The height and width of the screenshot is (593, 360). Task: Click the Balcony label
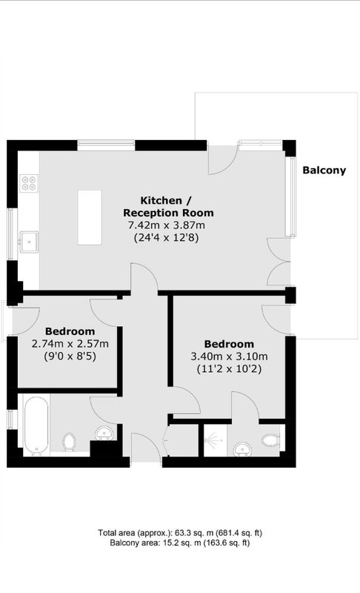point(324,170)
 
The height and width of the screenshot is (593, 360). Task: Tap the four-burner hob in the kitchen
point(29,183)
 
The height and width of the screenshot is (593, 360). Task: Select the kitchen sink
point(29,242)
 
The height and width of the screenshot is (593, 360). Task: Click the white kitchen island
point(90,217)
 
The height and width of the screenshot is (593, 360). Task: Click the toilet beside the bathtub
point(69,442)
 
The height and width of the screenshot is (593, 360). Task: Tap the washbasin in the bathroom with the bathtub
point(104,433)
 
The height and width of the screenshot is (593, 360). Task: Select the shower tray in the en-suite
point(216,440)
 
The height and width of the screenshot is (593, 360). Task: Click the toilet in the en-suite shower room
point(271,440)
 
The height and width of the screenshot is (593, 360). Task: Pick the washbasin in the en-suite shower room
point(242,449)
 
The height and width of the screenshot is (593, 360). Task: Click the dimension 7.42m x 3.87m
point(167,225)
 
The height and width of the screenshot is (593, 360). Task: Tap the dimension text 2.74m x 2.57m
point(70,344)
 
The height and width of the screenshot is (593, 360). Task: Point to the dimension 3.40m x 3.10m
point(230,357)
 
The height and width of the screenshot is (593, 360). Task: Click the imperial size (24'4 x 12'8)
point(167,238)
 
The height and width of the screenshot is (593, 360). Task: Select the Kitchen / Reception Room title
point(168,207)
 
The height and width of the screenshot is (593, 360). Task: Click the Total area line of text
point(180,533)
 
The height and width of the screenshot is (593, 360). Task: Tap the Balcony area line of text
point(180,543)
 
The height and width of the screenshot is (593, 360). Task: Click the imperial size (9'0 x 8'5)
point(70,357)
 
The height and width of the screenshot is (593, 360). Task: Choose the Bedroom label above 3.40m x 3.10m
point(230,344)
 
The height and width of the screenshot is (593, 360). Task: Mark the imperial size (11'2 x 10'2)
point(230,368)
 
